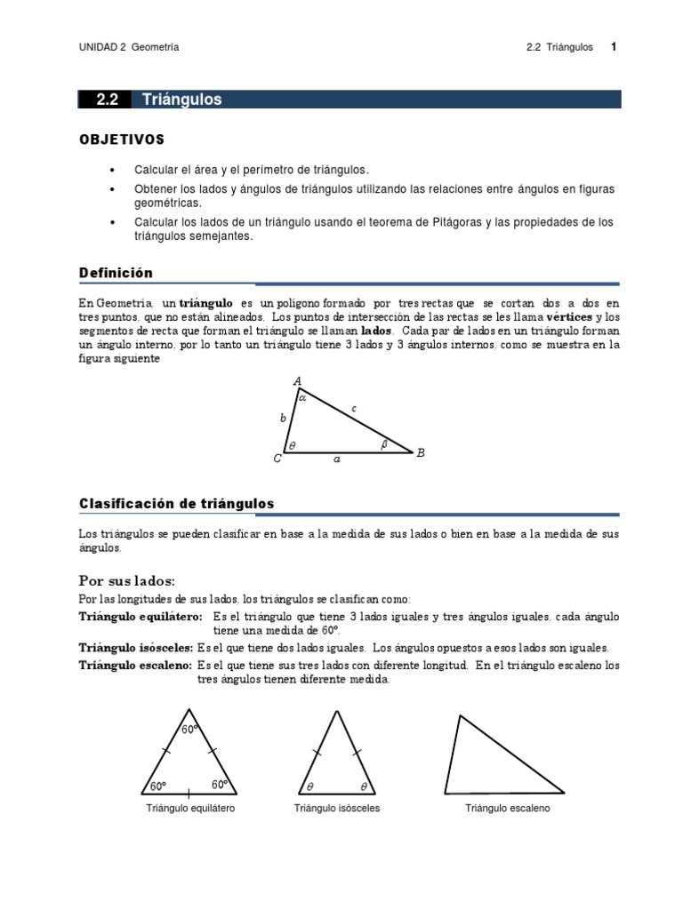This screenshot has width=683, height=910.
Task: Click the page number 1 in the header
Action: [x=614, y=47]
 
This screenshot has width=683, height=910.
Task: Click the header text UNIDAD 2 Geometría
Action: [x=129, y=48]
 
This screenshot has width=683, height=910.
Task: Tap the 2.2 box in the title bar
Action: [x=107, y=100]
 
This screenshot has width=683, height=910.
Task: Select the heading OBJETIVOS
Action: [x=122, y=140]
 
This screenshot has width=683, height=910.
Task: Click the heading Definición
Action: [x=116, y=273]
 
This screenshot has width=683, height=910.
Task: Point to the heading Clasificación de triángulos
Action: [x=176, y=504]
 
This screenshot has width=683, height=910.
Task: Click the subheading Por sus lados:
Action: [x=127, y=580]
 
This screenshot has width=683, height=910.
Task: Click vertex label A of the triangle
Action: [x=297, y=382]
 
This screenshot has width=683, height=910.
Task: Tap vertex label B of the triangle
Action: [x=421, y=453]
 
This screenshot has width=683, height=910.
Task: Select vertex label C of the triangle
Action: [x=277, y=459]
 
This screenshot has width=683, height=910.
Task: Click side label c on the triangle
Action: [x=353, y=408]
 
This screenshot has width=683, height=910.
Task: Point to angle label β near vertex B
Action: [x=384, y=444]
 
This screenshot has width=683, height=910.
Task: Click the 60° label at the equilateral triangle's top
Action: [x=189, y=730]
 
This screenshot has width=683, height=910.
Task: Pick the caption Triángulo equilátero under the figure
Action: [x=190, y=809]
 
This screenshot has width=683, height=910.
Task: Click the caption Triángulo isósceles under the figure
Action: [x=337, y=809]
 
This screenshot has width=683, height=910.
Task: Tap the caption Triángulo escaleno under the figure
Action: [x=507, y=809]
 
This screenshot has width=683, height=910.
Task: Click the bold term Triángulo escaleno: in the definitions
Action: [x=135, y=665]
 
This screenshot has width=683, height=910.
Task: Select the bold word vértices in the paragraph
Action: [x=569, y=317]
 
